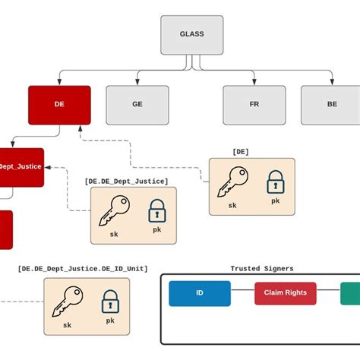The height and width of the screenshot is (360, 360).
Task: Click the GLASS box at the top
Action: coord(191,34)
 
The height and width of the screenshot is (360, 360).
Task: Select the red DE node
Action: coord(59,105)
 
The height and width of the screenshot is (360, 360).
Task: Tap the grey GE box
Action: coord(137,105)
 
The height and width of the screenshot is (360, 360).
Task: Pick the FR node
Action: coord(254,105)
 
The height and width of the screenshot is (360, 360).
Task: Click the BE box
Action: coord(330,105)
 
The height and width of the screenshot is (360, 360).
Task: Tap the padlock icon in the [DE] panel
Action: coord(274,182)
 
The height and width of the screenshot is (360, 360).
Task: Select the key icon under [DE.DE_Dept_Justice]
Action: coord(113,210)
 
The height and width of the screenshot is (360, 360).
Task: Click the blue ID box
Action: coord(199,293)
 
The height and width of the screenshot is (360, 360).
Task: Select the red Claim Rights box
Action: coord(286,293)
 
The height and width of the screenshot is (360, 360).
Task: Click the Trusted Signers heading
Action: coord(261,268)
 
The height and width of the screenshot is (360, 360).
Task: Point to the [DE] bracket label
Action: coord(241,152)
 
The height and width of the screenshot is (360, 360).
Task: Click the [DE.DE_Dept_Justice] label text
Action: coord(126,181)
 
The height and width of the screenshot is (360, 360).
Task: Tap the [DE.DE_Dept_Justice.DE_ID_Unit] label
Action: coord(82,269)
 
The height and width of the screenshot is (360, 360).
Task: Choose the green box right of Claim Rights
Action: coord(350,293)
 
